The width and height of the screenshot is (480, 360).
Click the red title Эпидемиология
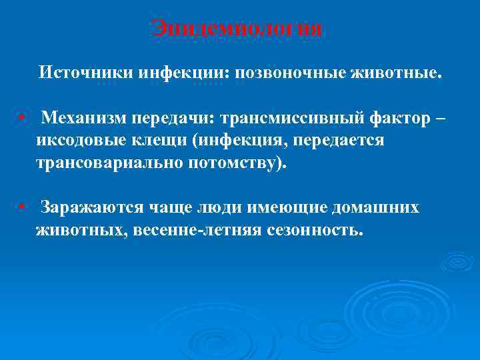(237, 29)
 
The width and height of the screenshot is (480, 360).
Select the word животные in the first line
(396, 71)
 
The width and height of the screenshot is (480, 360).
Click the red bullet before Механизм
(23, 118)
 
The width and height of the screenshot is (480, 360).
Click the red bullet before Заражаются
(23, 207)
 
